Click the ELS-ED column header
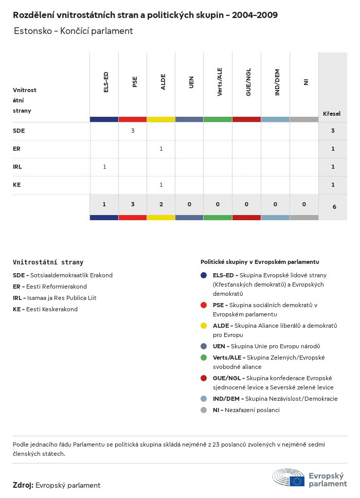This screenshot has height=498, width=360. pyautogui.click(x=106, y=82)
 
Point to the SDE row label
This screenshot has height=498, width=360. pyautogui.click(x=19, y=131)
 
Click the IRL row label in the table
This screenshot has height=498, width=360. pyautogui.click(x=17, y=167)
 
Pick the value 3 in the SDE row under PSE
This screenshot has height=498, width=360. pyautogui.click(x=133, y=131)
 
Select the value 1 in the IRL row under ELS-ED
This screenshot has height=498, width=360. pyautogui.click(x=104, y=167)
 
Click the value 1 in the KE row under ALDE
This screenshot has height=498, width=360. pyautogui.click(x=161, y=185)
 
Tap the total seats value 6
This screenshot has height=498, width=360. pyautogui.click(x=334, y=207)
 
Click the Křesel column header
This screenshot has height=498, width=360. pyautogui.click(x=332, y=114)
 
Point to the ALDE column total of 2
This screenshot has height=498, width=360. pyautogui.click(x=161, y=204)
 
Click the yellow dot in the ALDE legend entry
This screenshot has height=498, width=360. pyautogui.click(x=204, y=326)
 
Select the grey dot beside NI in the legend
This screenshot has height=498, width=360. pyautogui.click(x=204, y=410)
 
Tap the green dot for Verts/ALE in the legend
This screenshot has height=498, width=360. pyautogui.click(x=204, y=358)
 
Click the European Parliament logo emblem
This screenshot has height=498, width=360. pyautogui.click(x=289, y=478)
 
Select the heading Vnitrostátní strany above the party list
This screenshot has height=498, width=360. pyautogui.click(x=48, y=262)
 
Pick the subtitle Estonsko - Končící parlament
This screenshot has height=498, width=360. pyautogui.click(x=74, y=31)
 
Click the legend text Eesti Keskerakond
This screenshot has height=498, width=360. pyautogui.click(x=52, y=309)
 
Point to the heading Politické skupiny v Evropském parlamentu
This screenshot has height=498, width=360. pyautogui.click(x=260, y=262)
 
